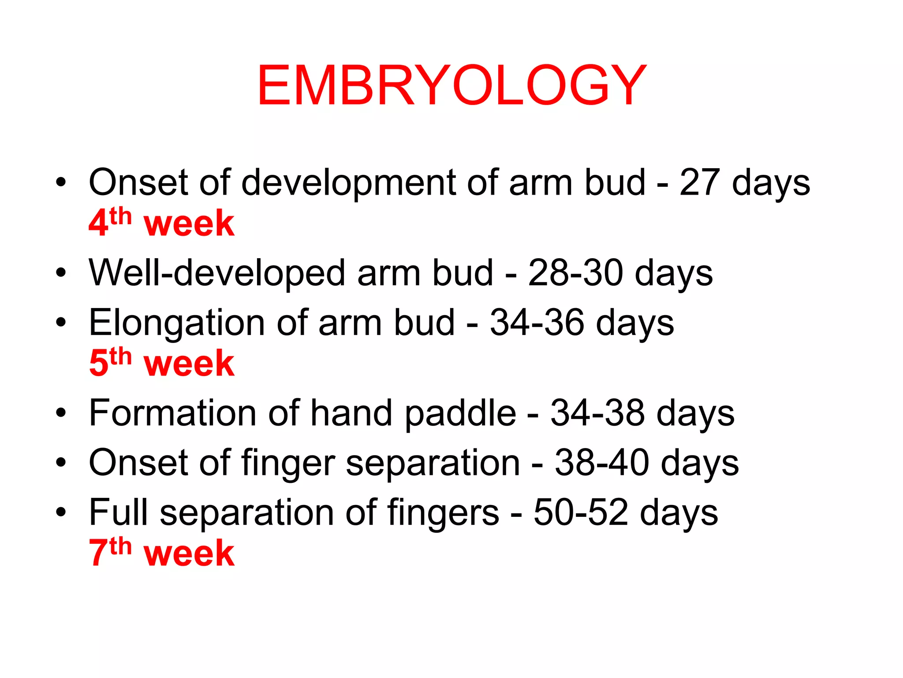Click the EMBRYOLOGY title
451,85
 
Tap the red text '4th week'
161,222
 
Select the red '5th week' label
161,363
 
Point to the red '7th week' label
161,552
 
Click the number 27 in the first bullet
699,182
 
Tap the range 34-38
597,413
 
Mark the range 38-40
602,463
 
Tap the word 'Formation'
172,413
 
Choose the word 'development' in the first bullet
348,183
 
